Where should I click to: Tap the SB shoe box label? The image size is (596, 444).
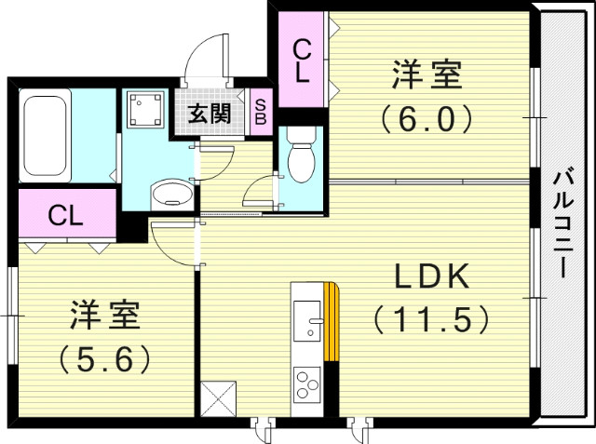point(260,113)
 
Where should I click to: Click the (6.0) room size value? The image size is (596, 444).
point(426,118)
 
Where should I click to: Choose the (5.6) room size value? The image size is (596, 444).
point(105,357)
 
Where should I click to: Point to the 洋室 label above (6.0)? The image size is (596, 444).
point(426,74)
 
